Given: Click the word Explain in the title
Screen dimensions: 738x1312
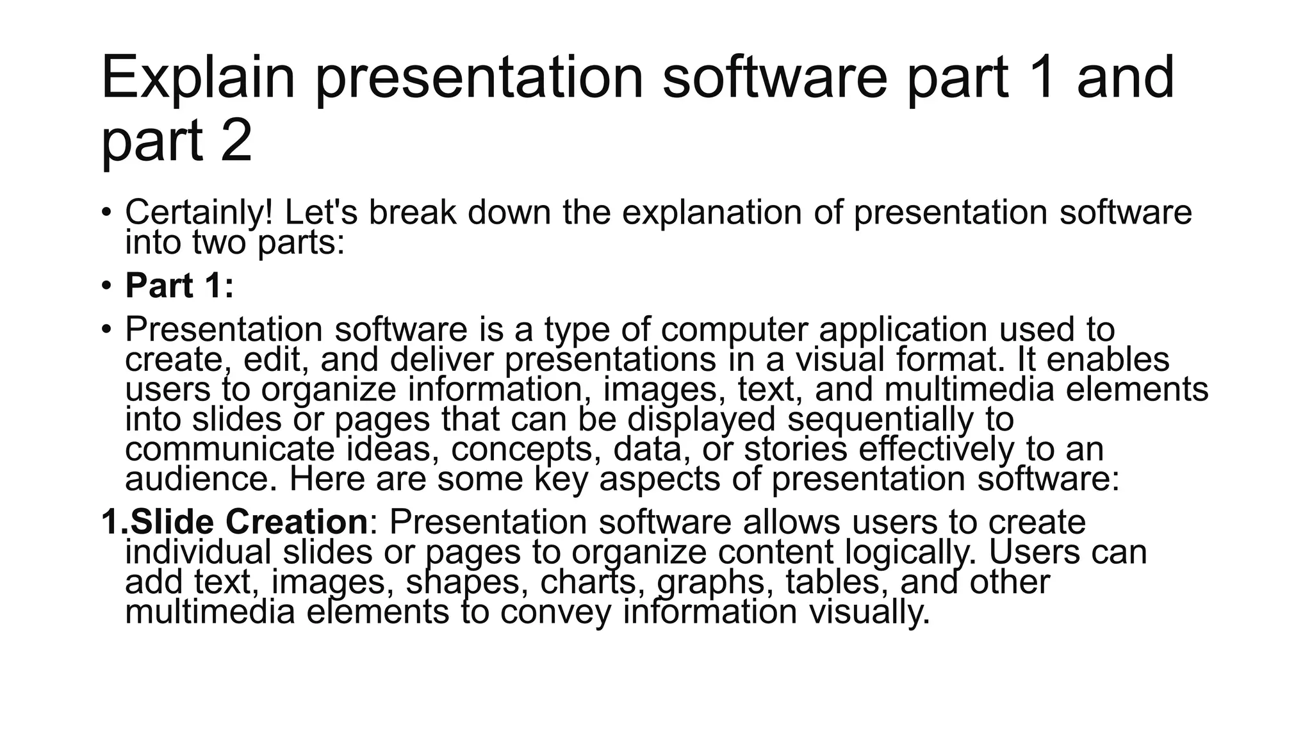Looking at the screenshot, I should pos(198,78).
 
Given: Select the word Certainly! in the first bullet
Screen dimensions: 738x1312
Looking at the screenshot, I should pos(199,213).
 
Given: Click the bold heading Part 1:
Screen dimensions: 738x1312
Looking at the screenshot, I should pos(179,286).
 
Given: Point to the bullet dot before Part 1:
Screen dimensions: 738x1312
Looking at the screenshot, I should pos(106,285).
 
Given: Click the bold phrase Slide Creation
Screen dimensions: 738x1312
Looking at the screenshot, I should pos(249,522).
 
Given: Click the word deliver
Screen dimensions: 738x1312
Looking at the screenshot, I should pos(441,359).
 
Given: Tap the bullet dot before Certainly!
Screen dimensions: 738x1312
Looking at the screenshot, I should pos(106,212).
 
